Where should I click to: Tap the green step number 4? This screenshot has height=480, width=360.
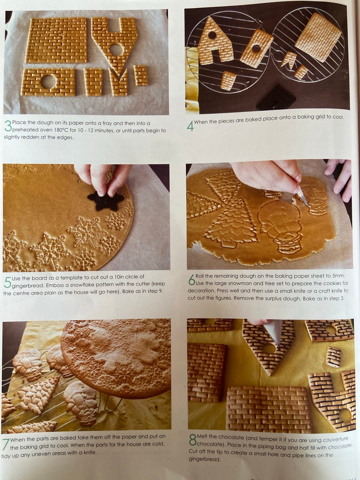[190, 126]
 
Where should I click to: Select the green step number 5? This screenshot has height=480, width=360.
[7, 282]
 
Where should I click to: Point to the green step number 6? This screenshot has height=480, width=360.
[192, 280]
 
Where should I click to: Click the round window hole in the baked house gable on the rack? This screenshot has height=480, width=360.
[212, 35]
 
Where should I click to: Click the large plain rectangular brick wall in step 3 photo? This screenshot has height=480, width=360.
[57, 40]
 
